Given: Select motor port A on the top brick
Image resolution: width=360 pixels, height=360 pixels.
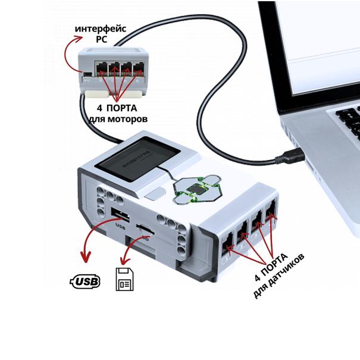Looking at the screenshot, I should [139, 67].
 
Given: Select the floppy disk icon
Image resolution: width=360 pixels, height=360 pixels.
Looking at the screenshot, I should [125, 279].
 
